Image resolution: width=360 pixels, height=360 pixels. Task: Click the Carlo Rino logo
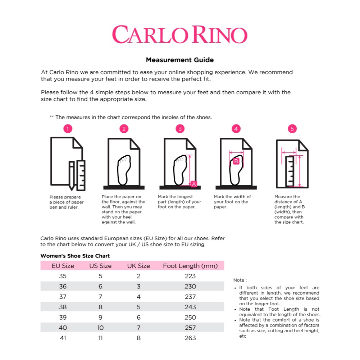[180, 35]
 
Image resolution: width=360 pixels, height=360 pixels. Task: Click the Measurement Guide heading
[180, 60]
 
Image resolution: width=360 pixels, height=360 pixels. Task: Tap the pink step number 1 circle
[68, 129]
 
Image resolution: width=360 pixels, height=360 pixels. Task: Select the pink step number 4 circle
[236, 129]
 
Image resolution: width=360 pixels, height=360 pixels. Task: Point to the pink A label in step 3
[194, 184]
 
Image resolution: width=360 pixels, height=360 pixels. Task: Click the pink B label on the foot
[236, 161]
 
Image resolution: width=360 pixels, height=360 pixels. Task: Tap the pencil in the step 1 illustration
[72, 176]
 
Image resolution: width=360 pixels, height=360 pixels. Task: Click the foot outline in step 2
[124, 170]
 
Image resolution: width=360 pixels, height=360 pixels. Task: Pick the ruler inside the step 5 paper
[290, 171]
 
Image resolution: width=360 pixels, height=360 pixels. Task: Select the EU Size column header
[63, 266]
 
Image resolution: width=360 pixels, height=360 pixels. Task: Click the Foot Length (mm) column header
[190, 266]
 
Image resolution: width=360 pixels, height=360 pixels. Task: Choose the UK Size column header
[138, 266]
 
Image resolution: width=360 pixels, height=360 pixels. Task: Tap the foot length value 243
[190, 307]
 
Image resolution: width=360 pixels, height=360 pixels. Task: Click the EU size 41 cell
[63, 338]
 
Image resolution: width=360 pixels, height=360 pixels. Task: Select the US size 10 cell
[100, 328]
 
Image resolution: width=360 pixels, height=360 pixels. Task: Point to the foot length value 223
[190, 276]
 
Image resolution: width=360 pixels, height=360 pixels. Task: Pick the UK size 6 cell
[138, 317]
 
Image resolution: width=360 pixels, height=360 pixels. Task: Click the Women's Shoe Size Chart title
[75, 256]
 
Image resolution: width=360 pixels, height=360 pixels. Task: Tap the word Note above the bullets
[239, 280]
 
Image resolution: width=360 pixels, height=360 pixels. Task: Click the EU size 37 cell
[63, 297]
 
